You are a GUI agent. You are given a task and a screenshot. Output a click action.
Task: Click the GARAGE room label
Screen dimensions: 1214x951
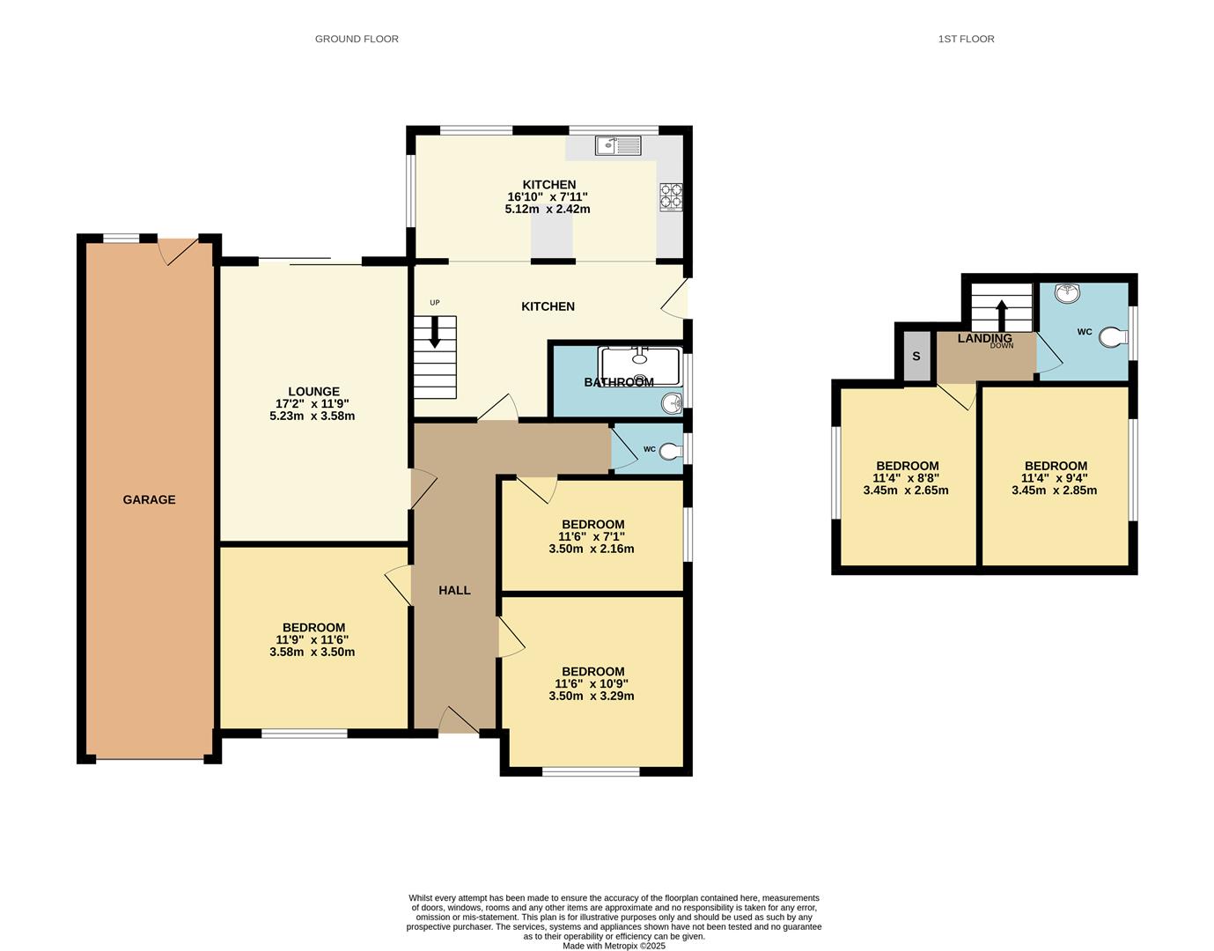[149, 500]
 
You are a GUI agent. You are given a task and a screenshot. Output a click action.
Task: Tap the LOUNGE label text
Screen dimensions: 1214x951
[314, 392]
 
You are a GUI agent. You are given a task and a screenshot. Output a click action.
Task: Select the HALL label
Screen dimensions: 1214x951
[454, 591]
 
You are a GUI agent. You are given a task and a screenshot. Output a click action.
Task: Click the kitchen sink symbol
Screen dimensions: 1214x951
[619, 145]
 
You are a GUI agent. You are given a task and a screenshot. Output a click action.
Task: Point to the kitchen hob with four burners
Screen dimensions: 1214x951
[672, 196]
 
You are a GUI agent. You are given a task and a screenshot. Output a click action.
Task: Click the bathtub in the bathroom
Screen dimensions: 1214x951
[640, 366]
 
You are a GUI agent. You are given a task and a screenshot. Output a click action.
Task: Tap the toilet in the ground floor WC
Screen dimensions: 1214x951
[671, 451]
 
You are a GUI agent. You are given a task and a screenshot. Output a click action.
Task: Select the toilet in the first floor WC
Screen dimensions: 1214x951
[1114, 337]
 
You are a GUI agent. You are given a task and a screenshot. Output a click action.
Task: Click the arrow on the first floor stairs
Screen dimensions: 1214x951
[1002, 316]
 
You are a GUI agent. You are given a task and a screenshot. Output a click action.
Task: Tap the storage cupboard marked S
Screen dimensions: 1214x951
[916, 357]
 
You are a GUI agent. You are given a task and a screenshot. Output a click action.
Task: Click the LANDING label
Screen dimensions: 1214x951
[984, 338]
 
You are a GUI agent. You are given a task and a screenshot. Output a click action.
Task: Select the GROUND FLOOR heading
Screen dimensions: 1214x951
[357, 39]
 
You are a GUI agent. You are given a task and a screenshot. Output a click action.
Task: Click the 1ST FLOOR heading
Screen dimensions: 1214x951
[967, 39]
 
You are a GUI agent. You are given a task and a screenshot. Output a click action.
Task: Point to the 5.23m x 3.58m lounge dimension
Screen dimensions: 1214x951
[313, 417]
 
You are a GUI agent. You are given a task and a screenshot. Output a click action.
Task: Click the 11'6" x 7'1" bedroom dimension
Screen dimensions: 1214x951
[592, 537]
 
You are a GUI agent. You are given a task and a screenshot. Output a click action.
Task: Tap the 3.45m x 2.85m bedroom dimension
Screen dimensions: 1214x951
[1055, 490]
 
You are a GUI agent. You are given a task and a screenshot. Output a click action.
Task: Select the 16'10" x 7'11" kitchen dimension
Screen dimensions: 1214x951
[548, 197]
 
